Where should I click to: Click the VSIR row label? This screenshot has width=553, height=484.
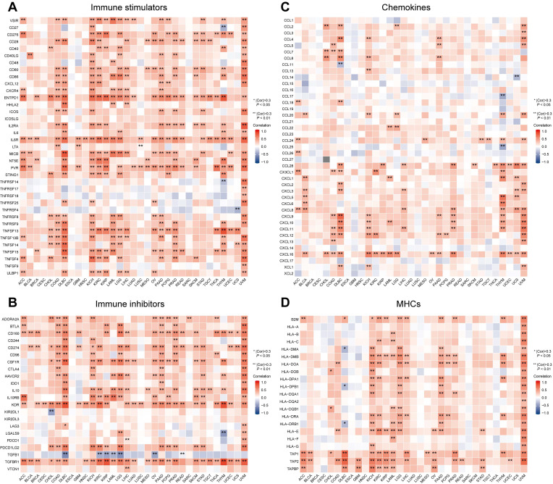click(x=9, y=20)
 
